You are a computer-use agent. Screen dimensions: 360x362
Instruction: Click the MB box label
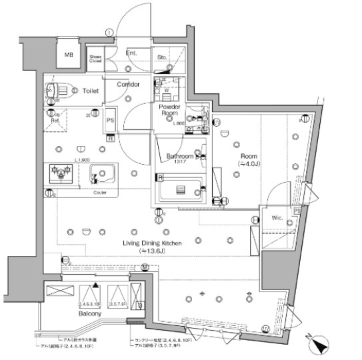pos(69,55)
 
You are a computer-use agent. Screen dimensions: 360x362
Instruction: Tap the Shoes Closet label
pos(97,59)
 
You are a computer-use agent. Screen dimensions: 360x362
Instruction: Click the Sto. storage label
pos(163,59)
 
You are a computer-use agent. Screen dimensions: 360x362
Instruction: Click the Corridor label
pos(128,85)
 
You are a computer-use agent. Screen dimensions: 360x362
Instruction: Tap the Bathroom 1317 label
pos(179,159)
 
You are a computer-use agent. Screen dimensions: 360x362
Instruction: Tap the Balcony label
pos(89,312)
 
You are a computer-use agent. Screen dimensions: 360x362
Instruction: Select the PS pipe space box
pos(111,121)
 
